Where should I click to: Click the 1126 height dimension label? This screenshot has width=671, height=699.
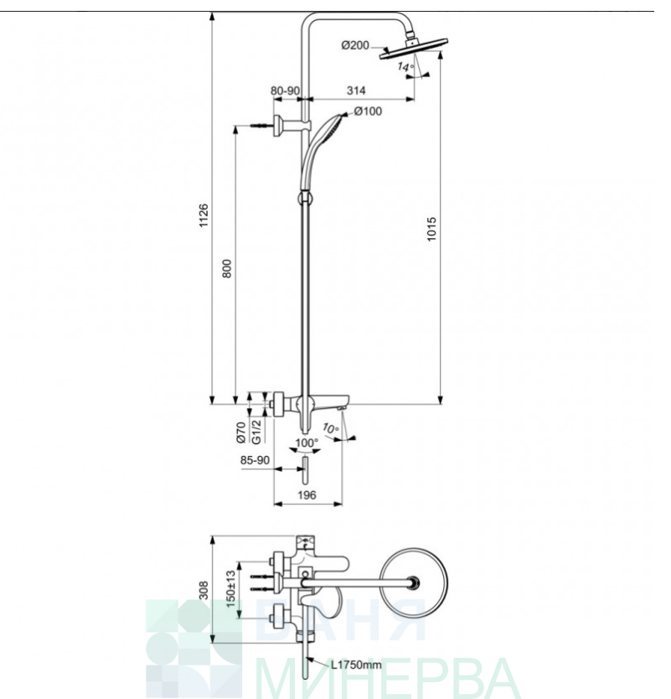204,215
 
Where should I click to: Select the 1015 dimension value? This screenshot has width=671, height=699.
431,229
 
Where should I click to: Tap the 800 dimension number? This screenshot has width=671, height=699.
227,269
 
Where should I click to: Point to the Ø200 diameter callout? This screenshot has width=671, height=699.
355,45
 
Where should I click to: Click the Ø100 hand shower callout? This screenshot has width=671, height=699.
368,111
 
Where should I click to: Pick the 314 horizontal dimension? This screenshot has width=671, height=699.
356,91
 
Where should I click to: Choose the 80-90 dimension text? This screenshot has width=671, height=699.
285,91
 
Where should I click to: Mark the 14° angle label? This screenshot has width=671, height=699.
405,67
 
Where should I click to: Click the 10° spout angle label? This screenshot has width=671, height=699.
331,429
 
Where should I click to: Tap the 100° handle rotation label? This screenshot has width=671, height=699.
307,443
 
